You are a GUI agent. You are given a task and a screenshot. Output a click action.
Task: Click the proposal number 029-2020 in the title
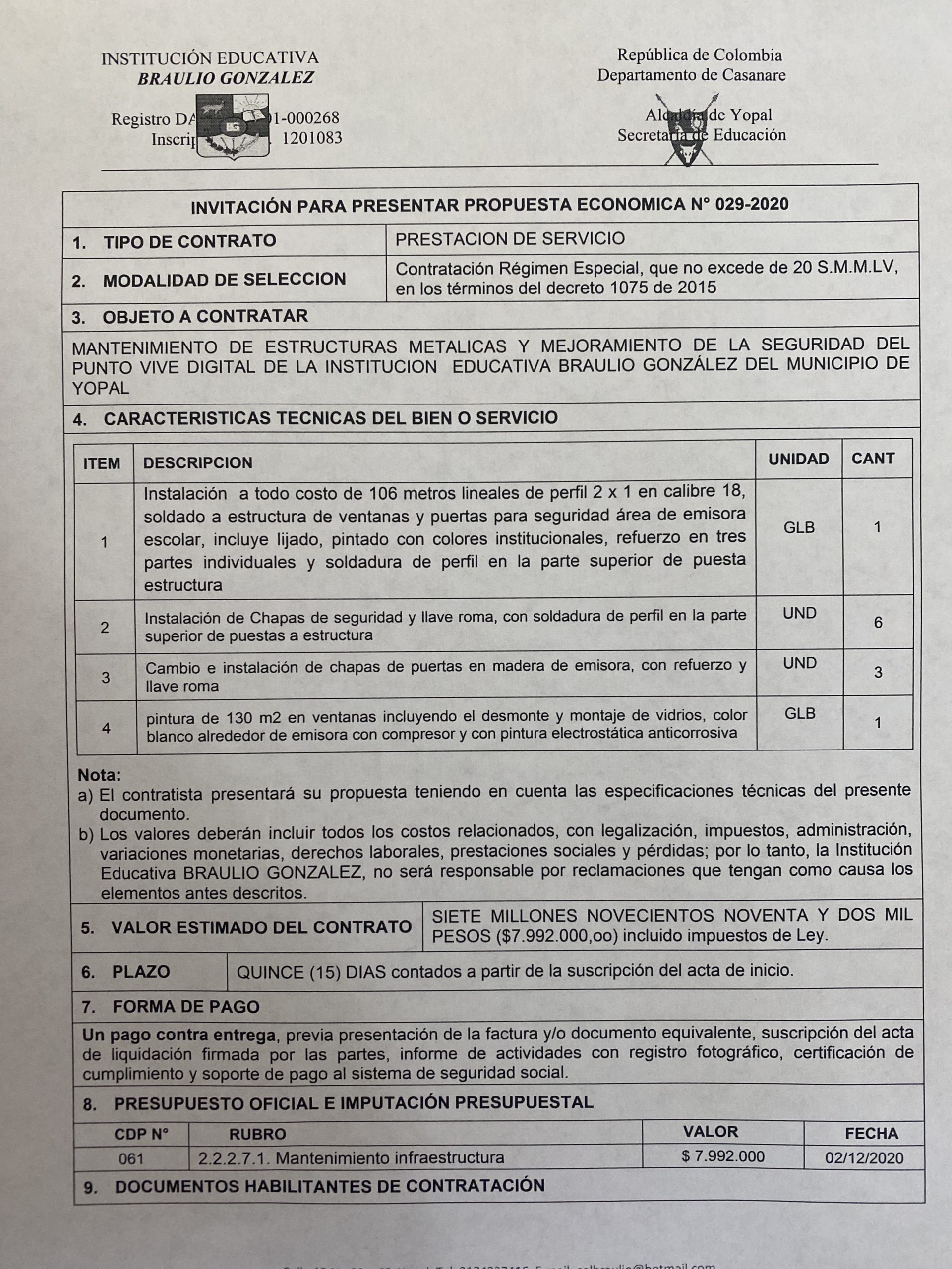(x=752, y=204)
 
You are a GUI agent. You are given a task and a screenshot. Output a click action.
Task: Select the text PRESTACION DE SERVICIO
(x=510, y=238)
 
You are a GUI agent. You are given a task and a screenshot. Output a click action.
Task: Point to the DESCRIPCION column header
(x=197, y=463)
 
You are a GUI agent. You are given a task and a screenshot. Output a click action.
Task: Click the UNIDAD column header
(x=798, y=459)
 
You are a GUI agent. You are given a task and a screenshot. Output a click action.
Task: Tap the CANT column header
(x=873, y=459)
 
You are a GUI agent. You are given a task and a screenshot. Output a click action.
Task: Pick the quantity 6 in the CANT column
(x=878, y=623)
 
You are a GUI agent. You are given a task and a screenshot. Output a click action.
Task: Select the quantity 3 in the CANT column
(x=878, y=672)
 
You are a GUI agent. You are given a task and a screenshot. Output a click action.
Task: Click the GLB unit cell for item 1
(x=799, y=527)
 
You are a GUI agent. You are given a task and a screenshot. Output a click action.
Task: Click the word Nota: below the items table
(x=99, y=775)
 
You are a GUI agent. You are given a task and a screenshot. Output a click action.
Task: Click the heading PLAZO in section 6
(x=141, y=971)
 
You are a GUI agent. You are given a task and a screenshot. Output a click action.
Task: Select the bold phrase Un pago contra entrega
(x=178, y=1036)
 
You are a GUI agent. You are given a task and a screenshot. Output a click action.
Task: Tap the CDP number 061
(x=131, y=1158)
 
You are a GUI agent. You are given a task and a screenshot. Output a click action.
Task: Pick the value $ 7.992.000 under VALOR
(x=722, y=1156)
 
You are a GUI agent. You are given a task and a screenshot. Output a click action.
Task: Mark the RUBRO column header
(x=257, y=1134)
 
